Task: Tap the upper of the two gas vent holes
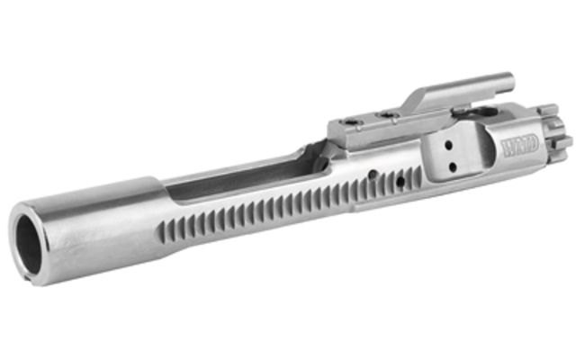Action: [x=448, y=146]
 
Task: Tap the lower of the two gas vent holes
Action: [x=453, y=167]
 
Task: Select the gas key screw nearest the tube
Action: [x=388, y=115]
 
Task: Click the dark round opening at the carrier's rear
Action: [x=29, y=245]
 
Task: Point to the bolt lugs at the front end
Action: [x=555, y=130]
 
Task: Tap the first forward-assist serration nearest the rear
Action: [x=161, y=232]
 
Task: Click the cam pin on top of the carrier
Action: [x=485, y=112]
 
